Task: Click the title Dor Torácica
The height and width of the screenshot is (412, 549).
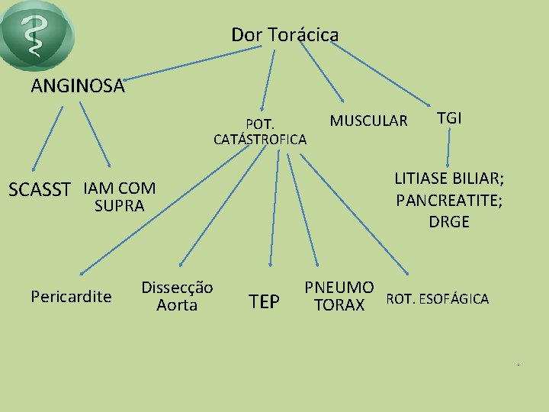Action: pos(284,35)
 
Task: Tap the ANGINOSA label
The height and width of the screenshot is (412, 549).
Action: pos(78,86)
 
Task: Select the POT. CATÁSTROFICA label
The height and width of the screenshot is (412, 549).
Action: pos(261,131)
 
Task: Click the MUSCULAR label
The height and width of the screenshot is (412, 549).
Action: pos(368,121)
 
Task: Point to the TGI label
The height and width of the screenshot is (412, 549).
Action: pos(449,118)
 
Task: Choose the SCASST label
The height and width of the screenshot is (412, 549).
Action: pos(39,189)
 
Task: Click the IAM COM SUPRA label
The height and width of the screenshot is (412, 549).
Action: pos(119,196)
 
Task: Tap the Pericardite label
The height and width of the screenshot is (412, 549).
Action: pos(71,296)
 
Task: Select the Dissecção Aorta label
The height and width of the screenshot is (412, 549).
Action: pos(177,296)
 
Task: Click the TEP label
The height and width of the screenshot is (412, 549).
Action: pos(264,302)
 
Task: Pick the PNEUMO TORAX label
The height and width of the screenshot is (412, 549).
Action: pos(339,297)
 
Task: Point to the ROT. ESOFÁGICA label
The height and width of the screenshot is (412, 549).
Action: pos(438,298)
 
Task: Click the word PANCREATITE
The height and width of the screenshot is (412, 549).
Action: pos(449,201)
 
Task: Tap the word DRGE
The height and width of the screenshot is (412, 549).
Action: pos(449,222)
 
